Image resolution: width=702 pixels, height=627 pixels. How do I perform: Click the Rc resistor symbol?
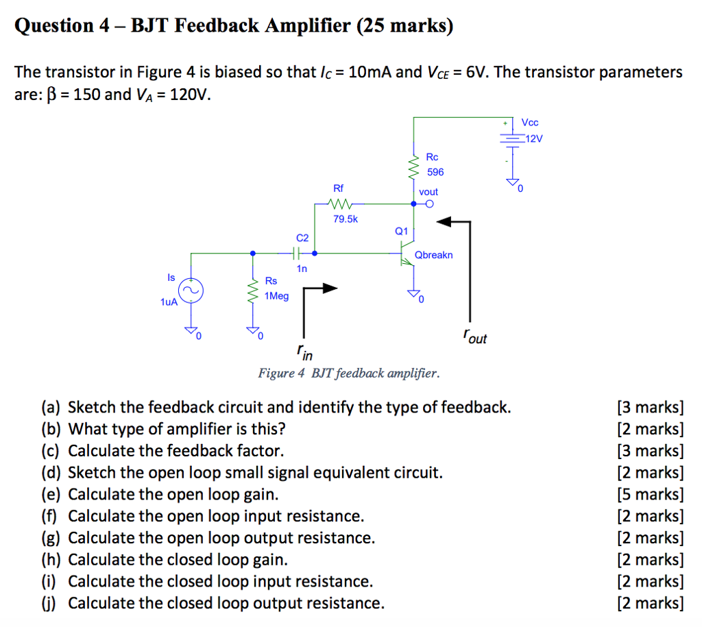click(x=413, y=167)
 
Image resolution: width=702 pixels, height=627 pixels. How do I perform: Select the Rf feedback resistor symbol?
click(x=340, y=204)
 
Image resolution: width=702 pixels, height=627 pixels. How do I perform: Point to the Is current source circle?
click(x=193, y=291)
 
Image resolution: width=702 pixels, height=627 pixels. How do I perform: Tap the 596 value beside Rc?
click(x=435, y=172)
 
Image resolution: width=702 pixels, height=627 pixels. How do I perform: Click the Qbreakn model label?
click(x=433, y=255)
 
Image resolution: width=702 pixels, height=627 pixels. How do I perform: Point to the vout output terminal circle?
click(x=429, y=204)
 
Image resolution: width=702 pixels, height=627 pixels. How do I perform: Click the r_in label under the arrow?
click(x=304, y=352)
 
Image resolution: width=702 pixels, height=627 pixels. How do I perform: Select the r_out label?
click(x=474, y=336)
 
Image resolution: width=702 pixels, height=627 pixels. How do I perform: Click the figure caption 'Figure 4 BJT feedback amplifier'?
click(x=348, y=373)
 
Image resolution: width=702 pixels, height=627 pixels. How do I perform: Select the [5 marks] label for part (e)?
click(x=650, y=494)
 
